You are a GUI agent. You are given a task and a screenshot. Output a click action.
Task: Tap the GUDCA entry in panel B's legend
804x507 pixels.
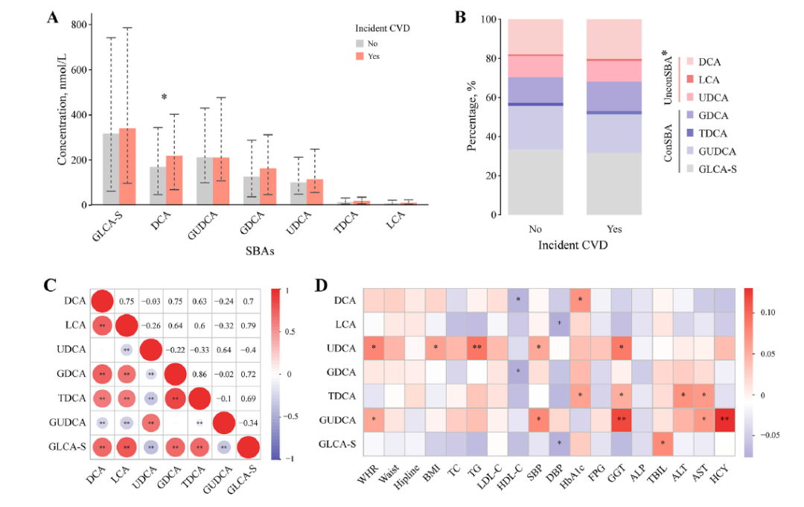coord(712,151)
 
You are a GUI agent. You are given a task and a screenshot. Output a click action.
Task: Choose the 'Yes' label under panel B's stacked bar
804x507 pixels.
coord(614,229)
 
